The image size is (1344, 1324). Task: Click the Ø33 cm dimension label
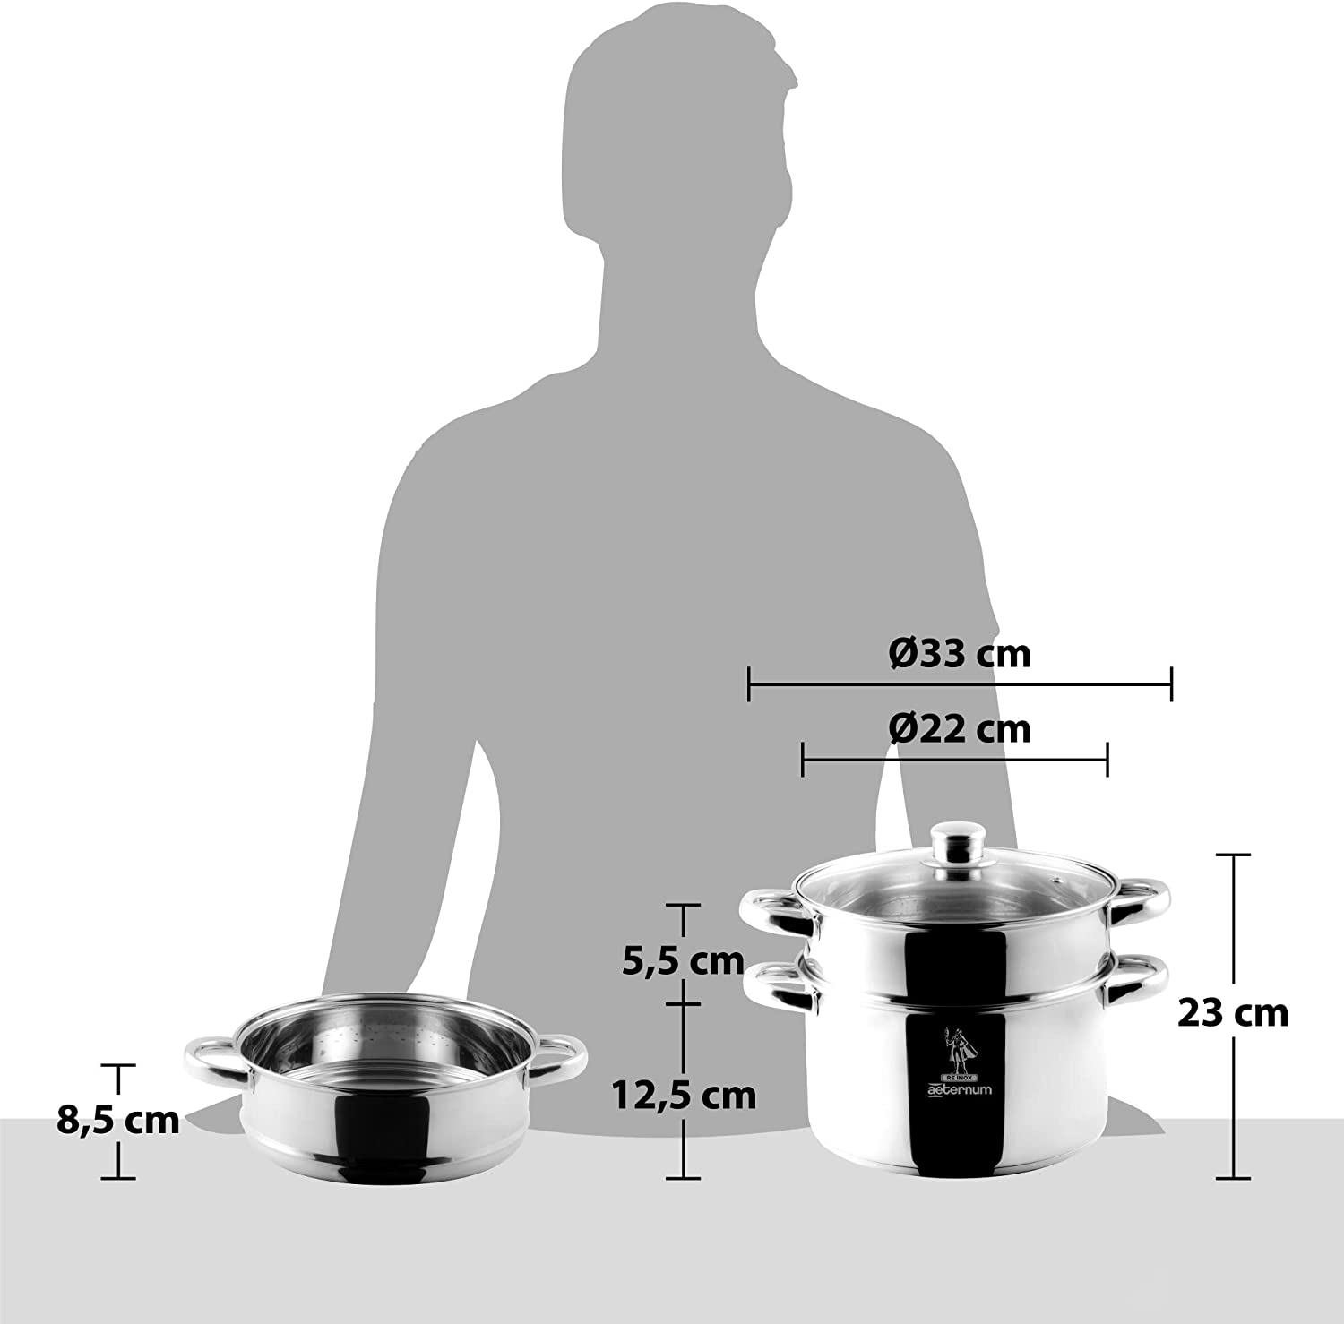[960, 654]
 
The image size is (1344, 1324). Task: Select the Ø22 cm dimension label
[960, 729]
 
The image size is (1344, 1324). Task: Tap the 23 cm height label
[1233, 1013]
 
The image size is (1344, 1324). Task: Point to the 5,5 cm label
[684, 960]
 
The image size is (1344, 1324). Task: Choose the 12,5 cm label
[684, 1094]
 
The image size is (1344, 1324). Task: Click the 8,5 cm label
[118, 1120]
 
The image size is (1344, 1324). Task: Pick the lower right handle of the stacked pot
[1139, 982]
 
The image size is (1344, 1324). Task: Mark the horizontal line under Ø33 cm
[960, 686]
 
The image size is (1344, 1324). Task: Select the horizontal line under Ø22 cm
[955, 760]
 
